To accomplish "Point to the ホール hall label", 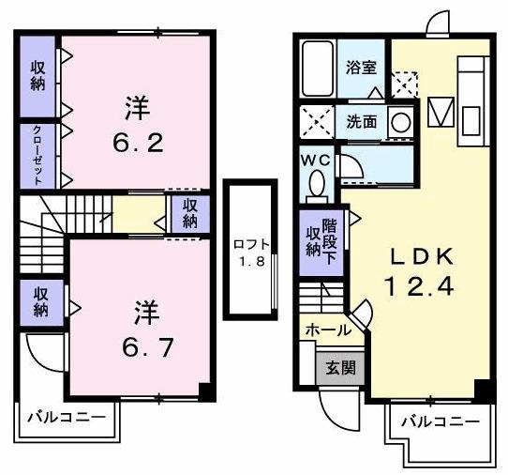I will click(x=328, y=329).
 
